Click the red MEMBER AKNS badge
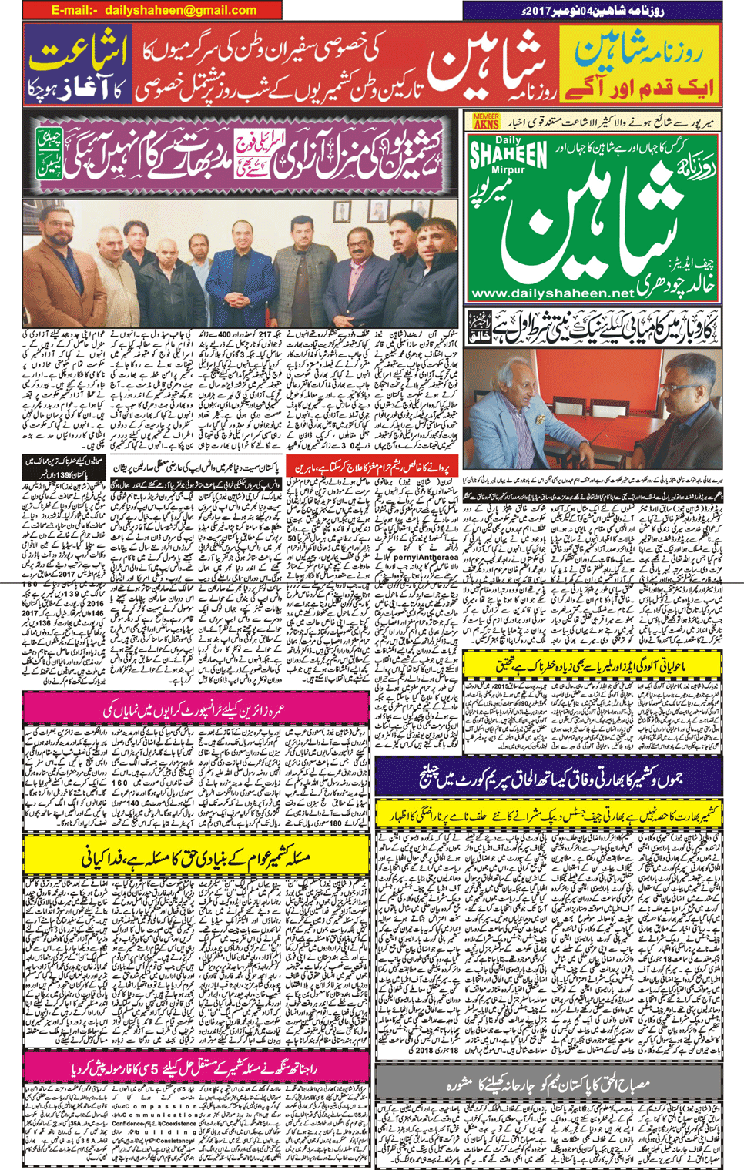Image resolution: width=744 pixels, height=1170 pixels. point(486,122)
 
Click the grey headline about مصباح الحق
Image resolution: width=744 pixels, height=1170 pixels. point(548,1084)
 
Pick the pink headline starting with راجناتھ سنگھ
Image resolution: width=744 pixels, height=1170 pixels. point(196,1066)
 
